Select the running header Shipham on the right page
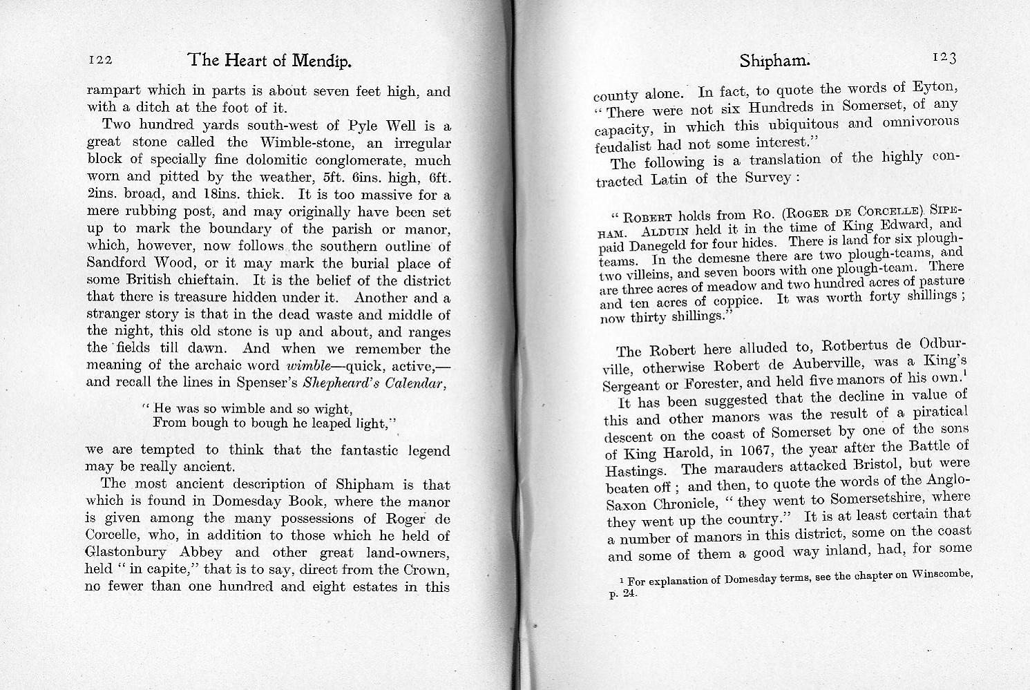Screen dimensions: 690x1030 (773, 61)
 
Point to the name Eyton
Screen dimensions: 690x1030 (935, 88)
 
